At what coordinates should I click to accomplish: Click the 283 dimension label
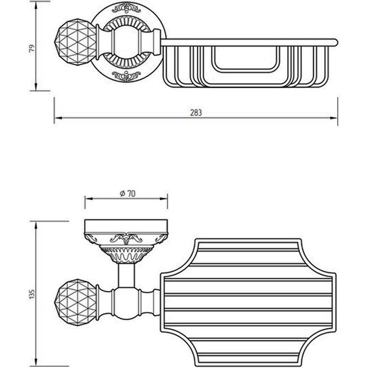click(x=196, y=113)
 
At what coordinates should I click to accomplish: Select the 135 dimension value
click(x=32, y=294)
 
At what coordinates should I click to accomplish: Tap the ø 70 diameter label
click(x=127, y=194)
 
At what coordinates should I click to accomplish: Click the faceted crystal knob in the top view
click(x=75, y=39)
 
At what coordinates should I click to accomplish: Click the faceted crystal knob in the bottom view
click(x=77, y=299)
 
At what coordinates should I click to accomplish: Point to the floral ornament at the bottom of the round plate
click(x=126, y=75)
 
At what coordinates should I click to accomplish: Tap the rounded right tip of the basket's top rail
click(x=336, y=42)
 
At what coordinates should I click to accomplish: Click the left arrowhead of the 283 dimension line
click(x=58, y=118)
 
